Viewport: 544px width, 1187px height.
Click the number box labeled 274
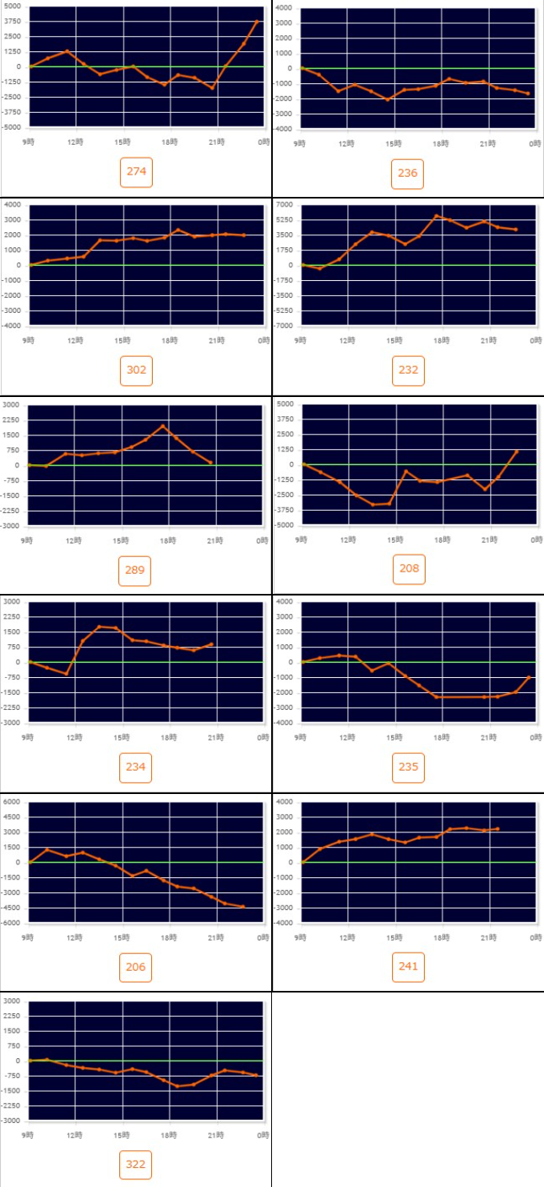pos(136,172)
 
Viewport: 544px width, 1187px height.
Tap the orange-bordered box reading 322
pos(136,1164)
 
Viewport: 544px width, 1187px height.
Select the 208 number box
pos(408,569)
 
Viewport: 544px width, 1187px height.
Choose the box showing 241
pos(408,966)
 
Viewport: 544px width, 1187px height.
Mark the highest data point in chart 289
pos(162,426)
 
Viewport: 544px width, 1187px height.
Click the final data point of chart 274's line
pos(258,22)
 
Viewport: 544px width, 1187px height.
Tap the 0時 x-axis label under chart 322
pos(264,1135)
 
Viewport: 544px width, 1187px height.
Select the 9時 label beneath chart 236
pos(300,143)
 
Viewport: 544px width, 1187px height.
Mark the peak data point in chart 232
pos(436,216)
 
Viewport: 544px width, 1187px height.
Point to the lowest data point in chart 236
pos(388,99)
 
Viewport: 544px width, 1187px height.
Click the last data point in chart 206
pos(243,907)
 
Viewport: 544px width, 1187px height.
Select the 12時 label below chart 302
pos(74,340)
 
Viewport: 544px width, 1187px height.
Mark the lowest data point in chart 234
pos(66,674)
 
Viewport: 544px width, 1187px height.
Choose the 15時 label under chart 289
pos(122,540)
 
